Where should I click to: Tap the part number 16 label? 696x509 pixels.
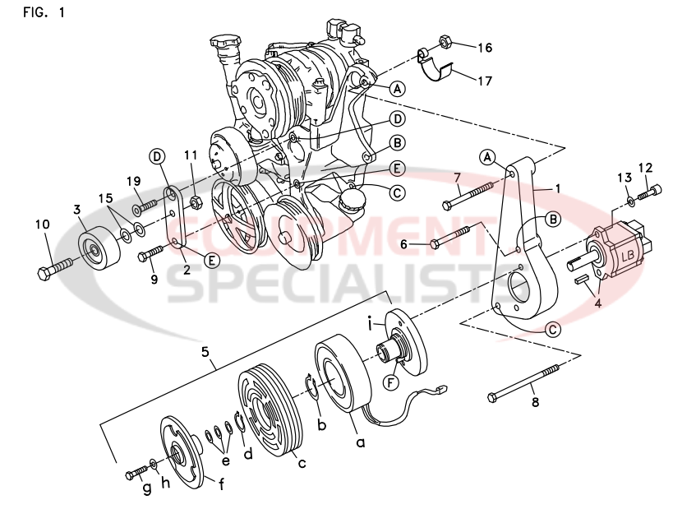485,48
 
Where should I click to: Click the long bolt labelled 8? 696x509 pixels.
526,382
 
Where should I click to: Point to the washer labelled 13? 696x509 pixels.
629,199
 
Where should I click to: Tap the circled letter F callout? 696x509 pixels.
391,382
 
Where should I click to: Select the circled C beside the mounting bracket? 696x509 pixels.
552,329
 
